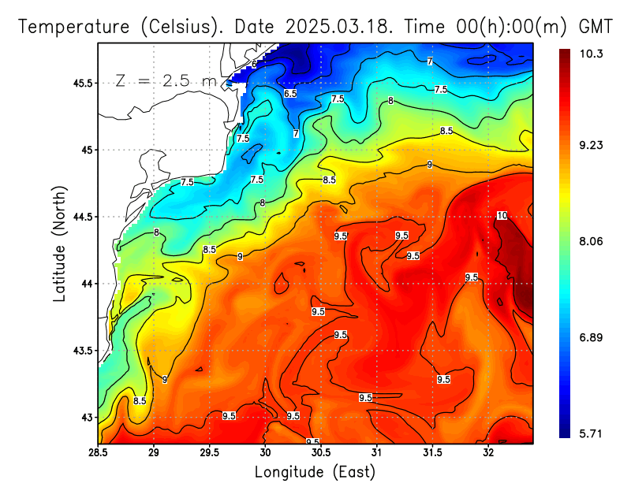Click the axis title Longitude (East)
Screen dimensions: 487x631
click(315, 472)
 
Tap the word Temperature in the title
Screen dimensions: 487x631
click(76, 27)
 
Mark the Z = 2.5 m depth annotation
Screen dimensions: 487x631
click(165, 80)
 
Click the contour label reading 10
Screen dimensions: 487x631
click(502, 216)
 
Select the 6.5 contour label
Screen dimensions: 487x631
click(290, 94)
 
